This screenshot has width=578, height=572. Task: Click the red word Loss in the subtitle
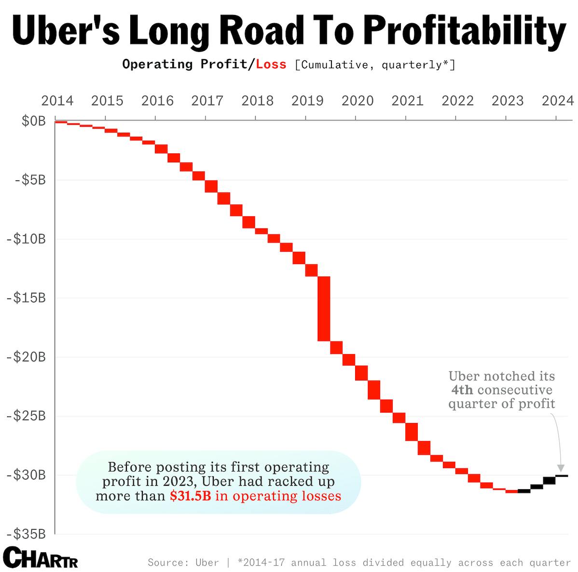(271, 64)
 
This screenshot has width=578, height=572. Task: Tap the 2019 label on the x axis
(307, 101)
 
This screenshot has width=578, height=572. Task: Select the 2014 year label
(57, 101)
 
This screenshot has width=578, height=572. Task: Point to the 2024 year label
(557, 101)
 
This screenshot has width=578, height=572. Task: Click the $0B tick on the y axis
(33, 121)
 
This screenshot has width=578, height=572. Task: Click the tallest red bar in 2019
(324, 309)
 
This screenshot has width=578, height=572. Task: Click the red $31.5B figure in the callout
(190, 496)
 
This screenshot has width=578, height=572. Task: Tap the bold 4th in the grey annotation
(462, 390)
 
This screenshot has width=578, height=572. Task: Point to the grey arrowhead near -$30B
(560, 468)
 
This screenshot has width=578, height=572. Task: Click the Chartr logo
(41, 558)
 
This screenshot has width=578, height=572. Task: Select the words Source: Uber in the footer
(183, 563)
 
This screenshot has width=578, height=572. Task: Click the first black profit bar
(524, 491)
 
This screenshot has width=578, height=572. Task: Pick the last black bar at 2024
(562, 476)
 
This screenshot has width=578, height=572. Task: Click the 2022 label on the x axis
(457, 101)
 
